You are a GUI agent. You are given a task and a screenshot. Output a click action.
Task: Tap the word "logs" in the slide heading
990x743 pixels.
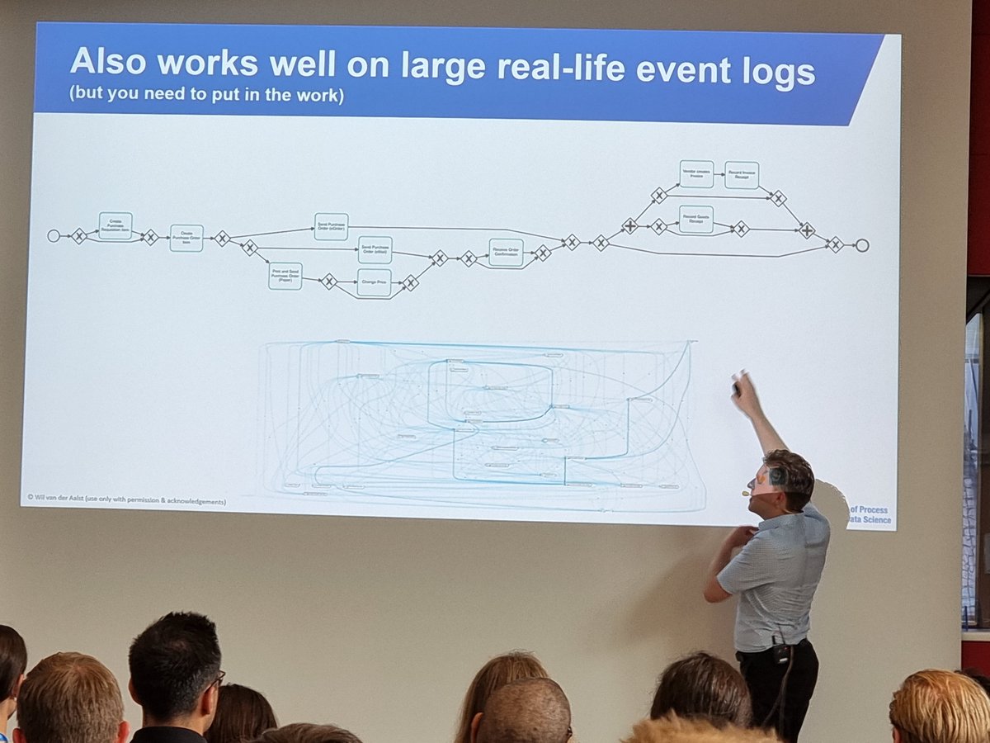(774, 74)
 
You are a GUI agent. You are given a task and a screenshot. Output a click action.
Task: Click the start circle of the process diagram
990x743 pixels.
(54, 236)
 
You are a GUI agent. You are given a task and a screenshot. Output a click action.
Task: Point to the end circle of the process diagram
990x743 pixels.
(862, 245)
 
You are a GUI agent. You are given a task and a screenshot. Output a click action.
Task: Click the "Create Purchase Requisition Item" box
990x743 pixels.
(115, 225)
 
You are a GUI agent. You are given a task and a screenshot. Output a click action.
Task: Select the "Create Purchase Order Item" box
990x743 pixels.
(186, 238)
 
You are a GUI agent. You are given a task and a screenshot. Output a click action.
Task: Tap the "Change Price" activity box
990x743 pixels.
(374, 282)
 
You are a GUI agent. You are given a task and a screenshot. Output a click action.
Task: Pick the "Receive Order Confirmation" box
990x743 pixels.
(506, 253)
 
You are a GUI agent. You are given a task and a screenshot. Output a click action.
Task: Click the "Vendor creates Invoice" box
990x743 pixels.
(696, 173)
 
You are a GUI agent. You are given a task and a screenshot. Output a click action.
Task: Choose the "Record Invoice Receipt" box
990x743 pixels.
(742, 174)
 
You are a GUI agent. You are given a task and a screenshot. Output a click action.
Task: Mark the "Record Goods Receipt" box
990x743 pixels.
(696, 220)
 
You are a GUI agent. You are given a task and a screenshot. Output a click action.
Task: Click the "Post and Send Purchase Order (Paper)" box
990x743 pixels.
(285, 276)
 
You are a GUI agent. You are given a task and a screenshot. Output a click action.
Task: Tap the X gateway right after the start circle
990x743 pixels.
(78, 236)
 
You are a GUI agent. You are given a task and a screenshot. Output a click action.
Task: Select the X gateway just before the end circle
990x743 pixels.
(835, 244)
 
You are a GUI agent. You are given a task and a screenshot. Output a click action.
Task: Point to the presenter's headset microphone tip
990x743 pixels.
(745, 494)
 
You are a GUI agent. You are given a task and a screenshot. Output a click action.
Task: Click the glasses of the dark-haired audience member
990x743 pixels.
(217, 679)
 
